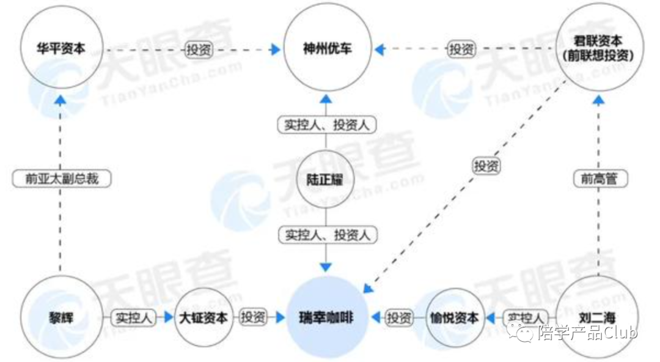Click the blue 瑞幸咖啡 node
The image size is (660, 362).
pyautogui.click(x=326, y=318)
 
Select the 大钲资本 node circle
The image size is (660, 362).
pyautogui.click(x=204, y=318)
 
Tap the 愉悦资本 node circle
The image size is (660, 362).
pyautogui.click(x=455, y=318)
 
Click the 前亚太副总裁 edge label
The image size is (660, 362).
pyautogui.click(x=60, y=179)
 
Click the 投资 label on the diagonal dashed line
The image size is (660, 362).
pyautogui.click(x=486, y=166)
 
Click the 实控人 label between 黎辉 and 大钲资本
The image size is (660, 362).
pyautogui.click(x=133, y=318)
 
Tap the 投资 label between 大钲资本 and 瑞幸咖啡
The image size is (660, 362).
pyautogui.click(x=253, y=318)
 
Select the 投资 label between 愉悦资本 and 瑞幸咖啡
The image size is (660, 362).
pyautogui.click(x=400, y=318)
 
